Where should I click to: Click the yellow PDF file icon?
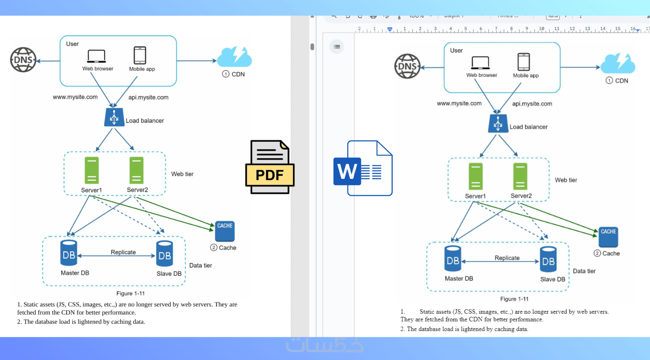tap(270, 167)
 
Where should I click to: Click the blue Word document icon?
tap(363, 168)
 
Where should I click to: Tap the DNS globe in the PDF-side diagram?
tap(23, 60)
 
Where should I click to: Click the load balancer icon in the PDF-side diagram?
tap(114, 117)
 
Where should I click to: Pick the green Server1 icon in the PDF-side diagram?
tap(91, 170)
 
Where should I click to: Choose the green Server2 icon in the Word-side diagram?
tap(520, 176)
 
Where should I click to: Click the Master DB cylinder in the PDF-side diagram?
tap(69, 253)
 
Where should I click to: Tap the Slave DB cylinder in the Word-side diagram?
tap(548, 259)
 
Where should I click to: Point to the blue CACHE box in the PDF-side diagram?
tap(225, 231)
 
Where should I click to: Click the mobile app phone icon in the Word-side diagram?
tap(524, 62)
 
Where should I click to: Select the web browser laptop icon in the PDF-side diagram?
tap(97, 56)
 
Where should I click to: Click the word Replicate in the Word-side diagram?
tap(507, 258)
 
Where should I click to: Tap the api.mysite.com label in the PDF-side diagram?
tap(148, 97)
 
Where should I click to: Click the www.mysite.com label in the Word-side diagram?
tap(459, 104)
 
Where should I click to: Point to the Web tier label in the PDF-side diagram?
tap(182, 174)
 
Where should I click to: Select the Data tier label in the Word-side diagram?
tap(584, 271)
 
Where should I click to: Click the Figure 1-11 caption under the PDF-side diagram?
tap(130, 294)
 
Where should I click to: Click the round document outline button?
tap(337, 47)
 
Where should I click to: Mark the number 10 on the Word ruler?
tap(542, 29)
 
